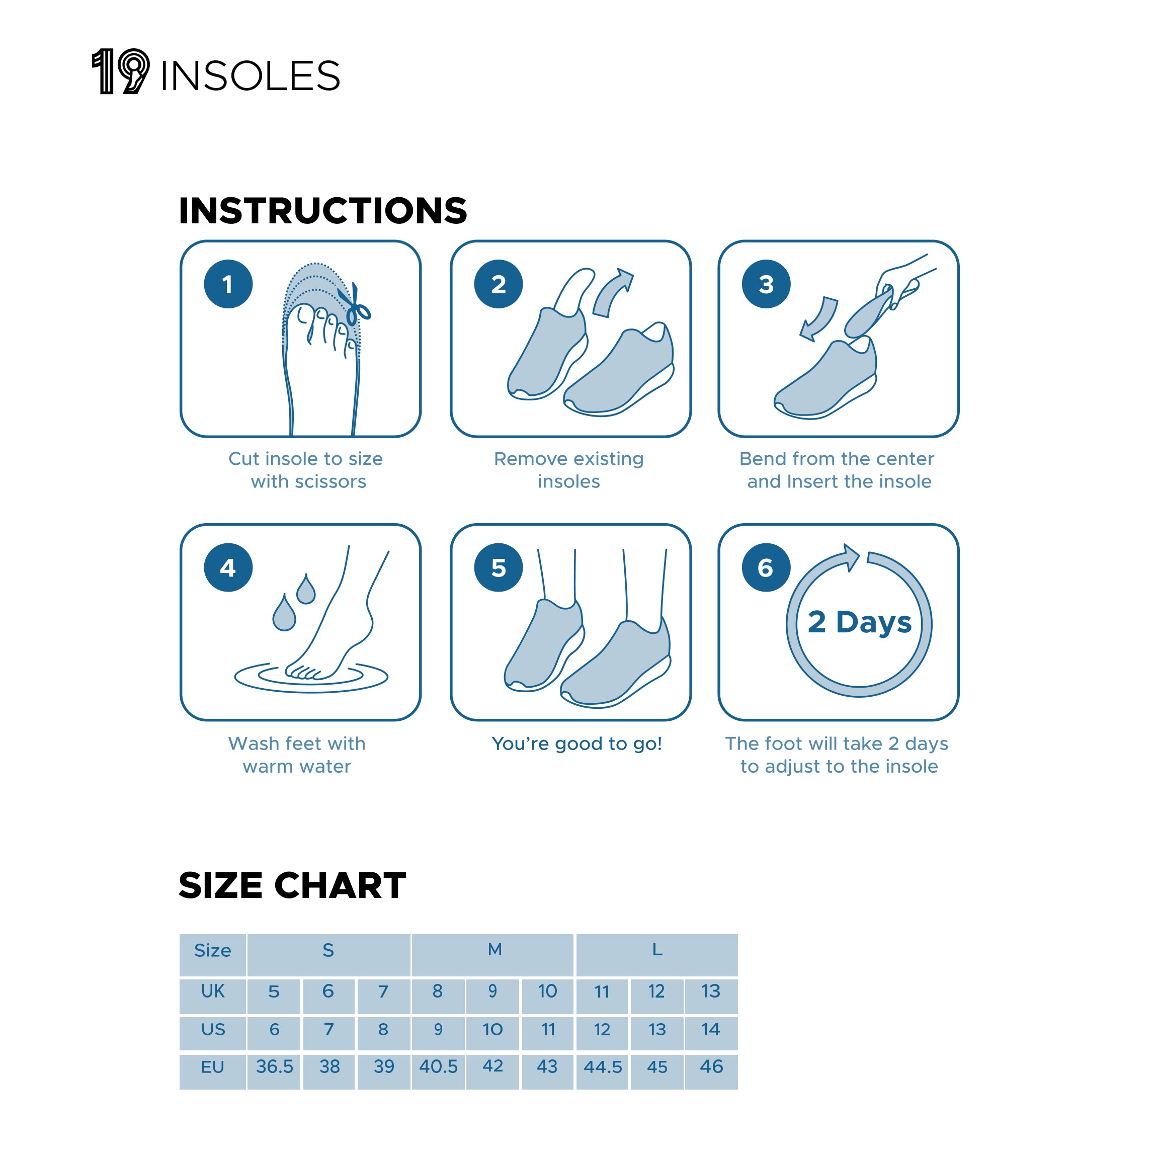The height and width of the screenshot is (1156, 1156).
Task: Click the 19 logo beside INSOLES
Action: (120, 72)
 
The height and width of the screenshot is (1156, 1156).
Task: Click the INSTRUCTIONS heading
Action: (322, 211)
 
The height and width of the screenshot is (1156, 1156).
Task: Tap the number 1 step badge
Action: (228, 284)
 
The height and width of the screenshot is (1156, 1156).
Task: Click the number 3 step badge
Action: (766, 284)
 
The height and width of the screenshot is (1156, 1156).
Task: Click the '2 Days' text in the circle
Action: (859, 622)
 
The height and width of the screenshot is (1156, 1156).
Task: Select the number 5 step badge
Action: (499, 568)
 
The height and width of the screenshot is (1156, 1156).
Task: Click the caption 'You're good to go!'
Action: (577, 744)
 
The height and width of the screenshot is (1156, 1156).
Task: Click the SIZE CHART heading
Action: (292, 885)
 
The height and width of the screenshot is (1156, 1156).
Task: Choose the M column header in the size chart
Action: (494, 950)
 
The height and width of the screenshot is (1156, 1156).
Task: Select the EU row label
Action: (212, 1067)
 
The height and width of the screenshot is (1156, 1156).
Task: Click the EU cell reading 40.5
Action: (438, 1067)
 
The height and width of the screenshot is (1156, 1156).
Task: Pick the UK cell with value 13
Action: (711, 992)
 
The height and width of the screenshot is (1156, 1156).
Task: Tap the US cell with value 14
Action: (711, 1030)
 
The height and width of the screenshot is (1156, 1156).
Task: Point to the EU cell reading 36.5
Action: (274, 1067)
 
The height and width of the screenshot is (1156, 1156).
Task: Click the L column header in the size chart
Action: (657, 950)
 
